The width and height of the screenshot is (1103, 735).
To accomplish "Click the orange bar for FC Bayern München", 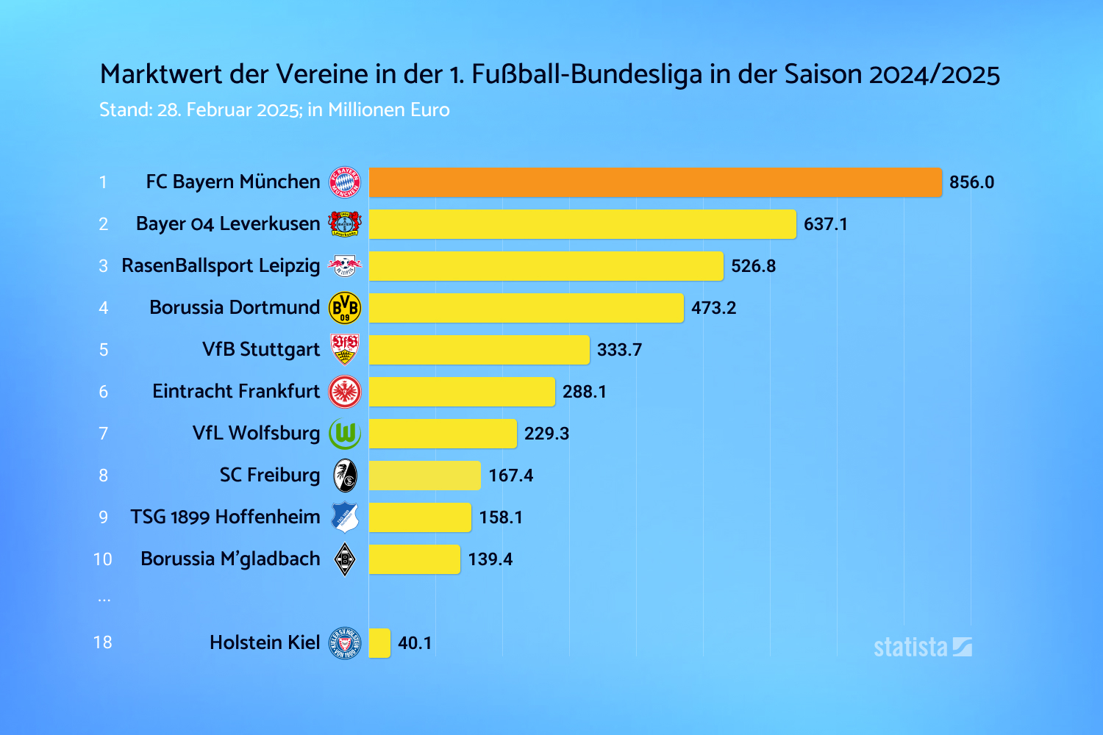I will [x=654, y=182].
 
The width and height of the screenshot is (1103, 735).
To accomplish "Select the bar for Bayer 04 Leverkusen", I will [x=582, y=224].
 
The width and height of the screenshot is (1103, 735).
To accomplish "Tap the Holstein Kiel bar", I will [x=379, y=643].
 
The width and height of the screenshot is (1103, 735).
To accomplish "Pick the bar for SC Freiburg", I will [x=424, y=476].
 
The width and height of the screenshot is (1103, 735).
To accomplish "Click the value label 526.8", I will [x=753, y=266].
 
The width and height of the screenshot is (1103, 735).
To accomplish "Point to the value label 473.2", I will [x=713, y=308].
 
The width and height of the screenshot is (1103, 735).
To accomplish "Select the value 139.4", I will [x=490, y=559].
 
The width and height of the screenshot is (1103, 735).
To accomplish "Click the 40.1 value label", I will [x=415, y=643].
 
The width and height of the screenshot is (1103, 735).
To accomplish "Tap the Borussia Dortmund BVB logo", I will [x=344, y=308].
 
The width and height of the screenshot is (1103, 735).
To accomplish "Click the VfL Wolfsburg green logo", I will [x=344, y=434].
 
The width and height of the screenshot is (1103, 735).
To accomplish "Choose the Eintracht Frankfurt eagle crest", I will [x=344, y=392].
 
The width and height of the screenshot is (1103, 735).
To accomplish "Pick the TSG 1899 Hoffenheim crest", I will [x=344, y=517].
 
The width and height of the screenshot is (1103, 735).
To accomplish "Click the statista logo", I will [x=922, y=647].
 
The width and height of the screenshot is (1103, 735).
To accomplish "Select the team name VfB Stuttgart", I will [x=261, y=349].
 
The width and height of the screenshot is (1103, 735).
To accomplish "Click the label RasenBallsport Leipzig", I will [x=221, y=265].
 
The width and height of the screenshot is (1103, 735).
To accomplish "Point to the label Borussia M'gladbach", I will [x=230, y=559].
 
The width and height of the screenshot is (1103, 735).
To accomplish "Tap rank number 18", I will [x=103, y=642].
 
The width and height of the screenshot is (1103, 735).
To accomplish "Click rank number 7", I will [x=104, y=434].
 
